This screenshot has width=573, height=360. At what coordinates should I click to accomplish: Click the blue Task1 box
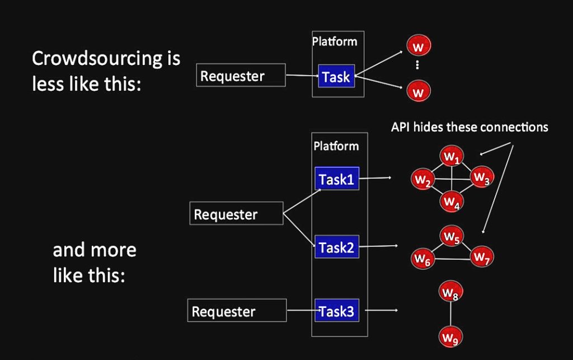pyautogui.click(x=336, y=179)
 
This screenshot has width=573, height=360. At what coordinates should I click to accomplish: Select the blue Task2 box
pyautogui.click(x=336, y=247)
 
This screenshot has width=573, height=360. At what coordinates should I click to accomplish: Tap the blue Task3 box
pyautogui.click(x=336, y=311)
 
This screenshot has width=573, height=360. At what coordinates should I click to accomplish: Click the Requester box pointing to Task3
pyautogui.click(x=237, y=311)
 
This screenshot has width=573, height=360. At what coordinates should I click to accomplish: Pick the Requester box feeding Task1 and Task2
pyautogui.click(x=237, y=214)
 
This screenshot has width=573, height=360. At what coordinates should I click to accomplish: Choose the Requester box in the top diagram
pyautogui.click(x=241, y=76)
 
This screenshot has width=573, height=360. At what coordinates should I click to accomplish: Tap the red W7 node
pyautogui.click(x=481, y=257)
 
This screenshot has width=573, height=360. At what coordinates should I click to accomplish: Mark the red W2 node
pyautogui.click(x=422, y=180)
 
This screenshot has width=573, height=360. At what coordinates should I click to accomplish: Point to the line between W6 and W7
pyautogui.click(x=452, y=259)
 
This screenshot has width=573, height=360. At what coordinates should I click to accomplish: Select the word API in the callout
pyautogui.click(x=401, y=127)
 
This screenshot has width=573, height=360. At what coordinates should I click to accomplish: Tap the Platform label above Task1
pyautogui.click(x=336, y=146)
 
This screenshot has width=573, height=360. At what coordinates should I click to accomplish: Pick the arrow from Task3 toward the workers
pyautogui.click(x=384, y=310)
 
